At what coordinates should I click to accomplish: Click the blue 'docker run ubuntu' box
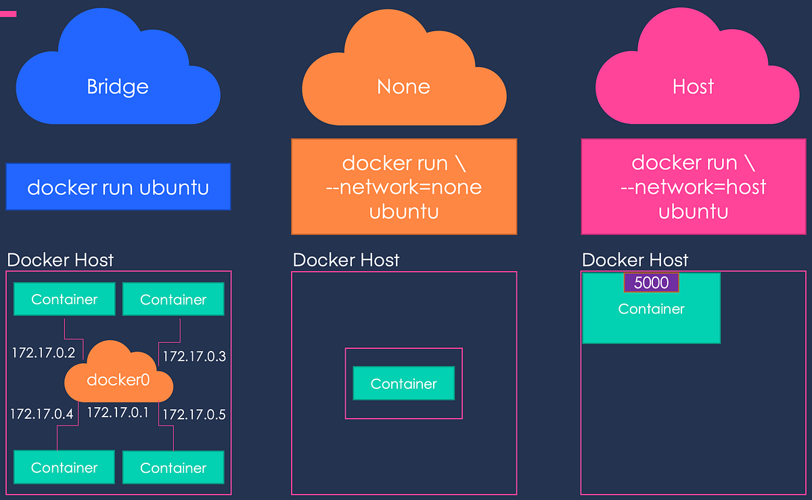point(118,187)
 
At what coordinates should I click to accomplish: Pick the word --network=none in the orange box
point(403,187)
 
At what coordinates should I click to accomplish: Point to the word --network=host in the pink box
point(693,187)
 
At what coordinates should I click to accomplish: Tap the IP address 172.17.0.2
point(42,352)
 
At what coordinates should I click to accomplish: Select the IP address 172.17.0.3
point(194,356)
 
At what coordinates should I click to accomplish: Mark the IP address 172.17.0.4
point(42,413)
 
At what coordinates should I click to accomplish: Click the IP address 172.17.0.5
point(194,414)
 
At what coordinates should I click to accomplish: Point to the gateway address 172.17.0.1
point(118,412)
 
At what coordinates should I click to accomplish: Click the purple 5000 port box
point(651,283)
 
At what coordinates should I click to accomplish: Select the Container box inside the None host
point(403,383)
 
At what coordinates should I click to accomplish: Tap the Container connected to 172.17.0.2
point(64,299)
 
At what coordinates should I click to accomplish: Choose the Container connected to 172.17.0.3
point(173,299)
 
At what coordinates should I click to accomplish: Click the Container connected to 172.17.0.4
point(64,467)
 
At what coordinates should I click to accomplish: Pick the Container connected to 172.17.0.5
point(173,467)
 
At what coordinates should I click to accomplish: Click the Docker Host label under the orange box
point(346,260)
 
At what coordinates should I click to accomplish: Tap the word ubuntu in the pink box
point(693,211)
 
